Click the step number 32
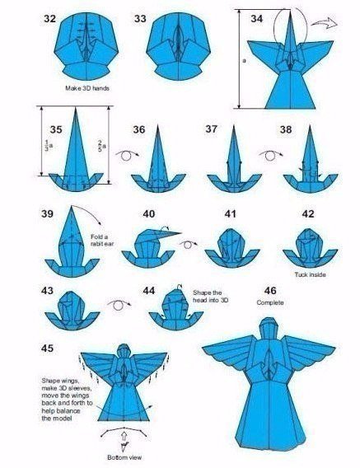click(x=49, y=18)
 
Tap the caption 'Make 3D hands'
click(x=87, y=88)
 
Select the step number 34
click(x=256, y=18)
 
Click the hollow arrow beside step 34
click(x=325, y=23)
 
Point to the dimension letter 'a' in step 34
click(x=244, y=61)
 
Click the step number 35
click(x=56, y=129)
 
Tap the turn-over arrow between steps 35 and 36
click(x=127, y=156)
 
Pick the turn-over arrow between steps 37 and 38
click(x=271, y=156)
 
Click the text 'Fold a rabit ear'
click(x=102, y=241)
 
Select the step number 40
click(x=149, y=213)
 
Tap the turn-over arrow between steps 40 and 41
click(x=189, y=244)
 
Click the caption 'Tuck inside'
click(x=310, y=274)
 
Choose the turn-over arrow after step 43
click(x=119, y=305)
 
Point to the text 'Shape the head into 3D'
click(x=210, y=297)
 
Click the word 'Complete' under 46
click(x=270, y=302)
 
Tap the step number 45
click(x=48, y=348)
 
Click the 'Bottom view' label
click(x=124, y=457)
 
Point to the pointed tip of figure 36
click(x=157, y=125)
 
